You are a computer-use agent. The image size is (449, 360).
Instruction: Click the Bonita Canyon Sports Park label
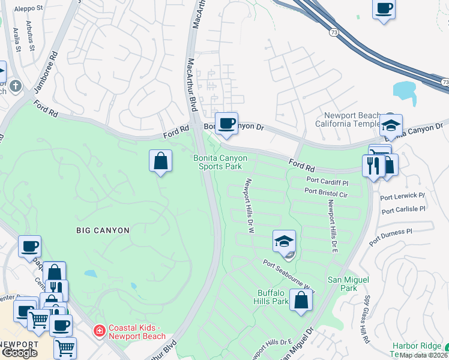tap(220, 162)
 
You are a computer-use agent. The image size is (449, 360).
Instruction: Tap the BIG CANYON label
tap(103, 230)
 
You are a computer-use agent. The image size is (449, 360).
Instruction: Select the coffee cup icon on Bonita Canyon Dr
tap(226, 124)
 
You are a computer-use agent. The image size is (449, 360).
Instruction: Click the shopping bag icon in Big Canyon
tap(160, 161)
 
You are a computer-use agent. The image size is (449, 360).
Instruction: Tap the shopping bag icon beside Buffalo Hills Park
tap(301, 300)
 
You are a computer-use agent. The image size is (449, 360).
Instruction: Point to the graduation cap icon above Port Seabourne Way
tap(285, 242)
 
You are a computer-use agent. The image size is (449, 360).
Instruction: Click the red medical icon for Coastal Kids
tap(98, 330)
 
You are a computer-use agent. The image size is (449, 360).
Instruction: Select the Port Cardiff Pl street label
tap(327, 181)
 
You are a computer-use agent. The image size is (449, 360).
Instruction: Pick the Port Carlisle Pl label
tap(403, 210)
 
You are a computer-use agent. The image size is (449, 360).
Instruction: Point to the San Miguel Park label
tap(342, 284)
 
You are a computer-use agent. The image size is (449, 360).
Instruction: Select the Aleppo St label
tap(31, 9)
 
